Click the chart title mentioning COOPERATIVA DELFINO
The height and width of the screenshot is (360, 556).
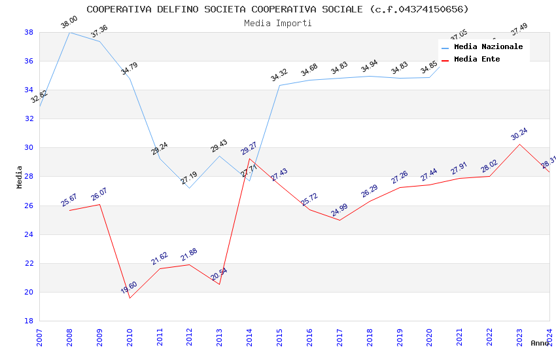coord(277,9)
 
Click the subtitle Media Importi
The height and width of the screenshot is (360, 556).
coord(277,23)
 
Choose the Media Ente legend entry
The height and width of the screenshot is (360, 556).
coord(477,59)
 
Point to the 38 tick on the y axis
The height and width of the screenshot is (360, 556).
coord(29,32)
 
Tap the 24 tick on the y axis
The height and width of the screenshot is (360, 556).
coord(29,234)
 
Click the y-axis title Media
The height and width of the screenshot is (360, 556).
coord(20,177)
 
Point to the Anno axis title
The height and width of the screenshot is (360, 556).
coord(540,343)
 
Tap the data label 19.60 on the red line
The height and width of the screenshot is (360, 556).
coord(129,287)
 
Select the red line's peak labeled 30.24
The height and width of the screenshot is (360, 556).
coord(519,134)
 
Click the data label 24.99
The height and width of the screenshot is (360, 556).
coord(339,210)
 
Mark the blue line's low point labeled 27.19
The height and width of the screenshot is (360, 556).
coord(189,177)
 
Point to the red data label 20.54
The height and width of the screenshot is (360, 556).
coord(219,274)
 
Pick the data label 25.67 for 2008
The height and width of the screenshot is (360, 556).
coord(69,200)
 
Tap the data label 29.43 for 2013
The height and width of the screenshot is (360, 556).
coord(219,146)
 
